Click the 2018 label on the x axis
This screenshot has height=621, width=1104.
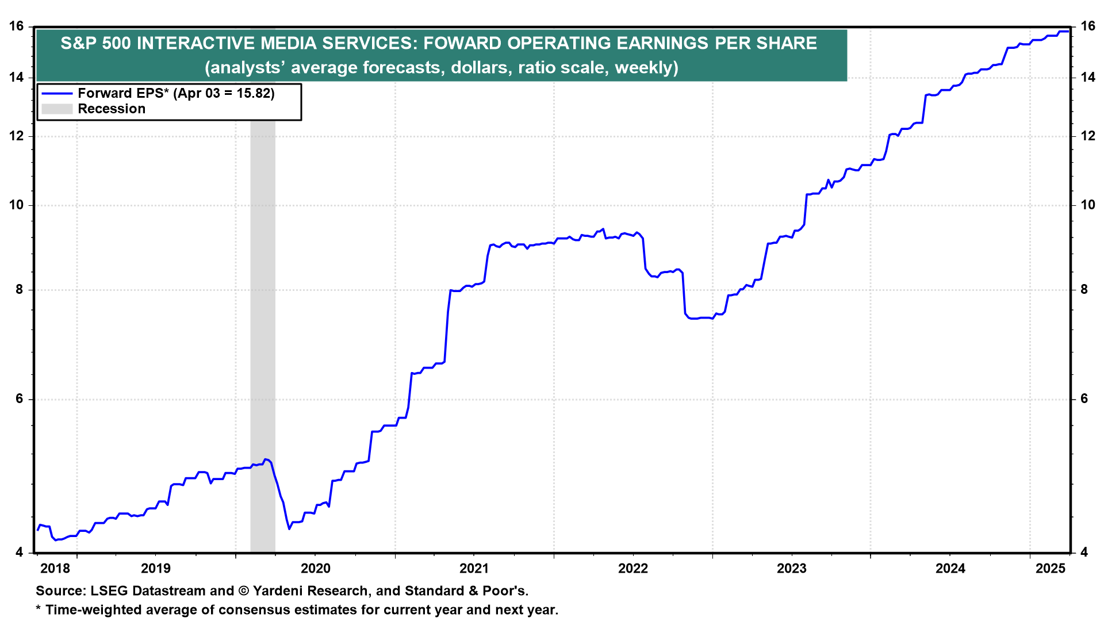tap(55, 569)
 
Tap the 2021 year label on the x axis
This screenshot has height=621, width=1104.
tap(474, 569)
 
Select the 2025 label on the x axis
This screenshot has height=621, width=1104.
tap(1050, 569)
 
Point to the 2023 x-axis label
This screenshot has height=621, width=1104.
tap(791, 569)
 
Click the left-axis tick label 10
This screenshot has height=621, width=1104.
tap(16, 205)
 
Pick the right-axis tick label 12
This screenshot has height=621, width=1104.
tap(1088, 136)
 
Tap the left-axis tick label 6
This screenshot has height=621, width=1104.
tap(20, 399)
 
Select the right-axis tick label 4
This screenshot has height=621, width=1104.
tap(1084, 553)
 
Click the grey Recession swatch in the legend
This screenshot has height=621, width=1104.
tap(57, 109)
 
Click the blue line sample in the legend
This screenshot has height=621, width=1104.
tap(57, 94)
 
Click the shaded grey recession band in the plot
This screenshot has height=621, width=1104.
tap(263, 345)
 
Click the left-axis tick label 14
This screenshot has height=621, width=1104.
tap(16, 77)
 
